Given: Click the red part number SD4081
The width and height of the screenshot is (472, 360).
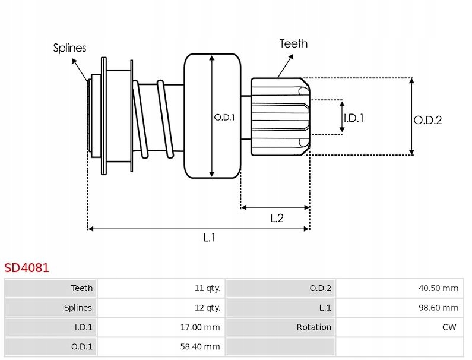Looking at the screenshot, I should (27, 268).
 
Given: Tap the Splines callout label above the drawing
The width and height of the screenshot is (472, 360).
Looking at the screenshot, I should (69, 48).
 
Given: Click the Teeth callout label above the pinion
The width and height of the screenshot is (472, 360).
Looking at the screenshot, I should (293, 43).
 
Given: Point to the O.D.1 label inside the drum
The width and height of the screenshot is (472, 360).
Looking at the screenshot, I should (224, 117).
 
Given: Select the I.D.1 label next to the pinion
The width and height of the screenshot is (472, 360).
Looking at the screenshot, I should (353, 118).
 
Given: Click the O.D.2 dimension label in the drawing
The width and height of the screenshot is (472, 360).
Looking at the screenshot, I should (427, 120).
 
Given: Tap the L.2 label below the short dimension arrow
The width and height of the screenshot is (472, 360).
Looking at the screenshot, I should (277, 218).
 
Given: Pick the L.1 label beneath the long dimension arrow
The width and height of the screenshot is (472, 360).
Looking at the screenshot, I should (209, 238).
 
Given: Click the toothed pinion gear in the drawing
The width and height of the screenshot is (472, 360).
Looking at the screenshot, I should (279, 116).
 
